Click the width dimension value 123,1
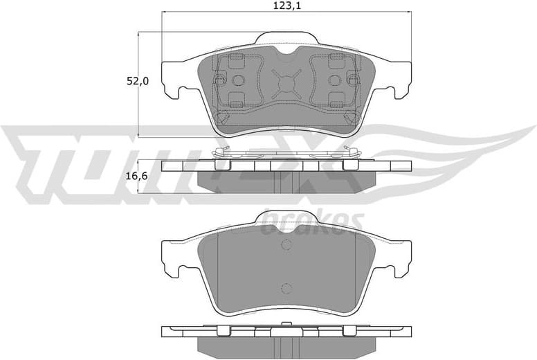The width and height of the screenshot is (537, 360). [x=286, y=6]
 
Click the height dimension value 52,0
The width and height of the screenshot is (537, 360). [x=136, y=82]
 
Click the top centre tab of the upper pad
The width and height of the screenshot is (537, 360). [x=286, y=40]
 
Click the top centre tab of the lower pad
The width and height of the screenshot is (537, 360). [x=286, y=219]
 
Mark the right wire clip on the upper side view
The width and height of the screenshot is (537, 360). [x=347, y=156]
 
